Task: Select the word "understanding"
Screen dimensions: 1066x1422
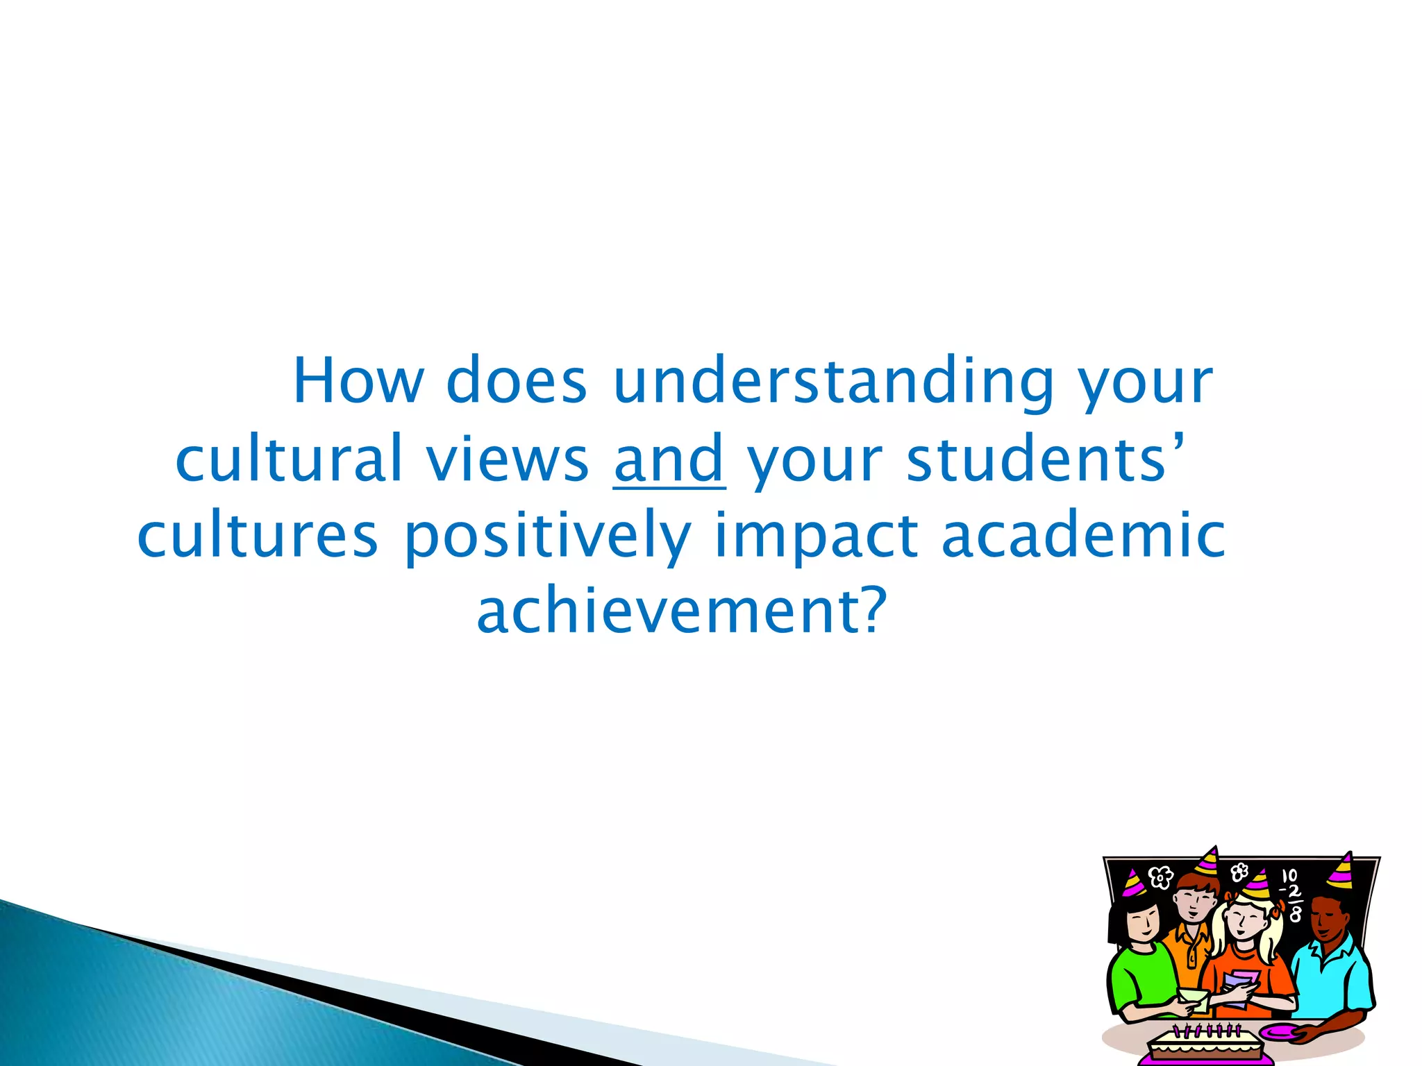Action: point(833,383)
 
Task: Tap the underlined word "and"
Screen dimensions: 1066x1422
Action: point(669,459)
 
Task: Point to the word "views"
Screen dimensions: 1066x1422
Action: point(507,459)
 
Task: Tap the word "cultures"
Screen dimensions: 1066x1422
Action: point(258,536)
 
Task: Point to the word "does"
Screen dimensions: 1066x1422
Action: point(517,382)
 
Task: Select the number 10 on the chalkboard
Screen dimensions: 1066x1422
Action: point(1289,877)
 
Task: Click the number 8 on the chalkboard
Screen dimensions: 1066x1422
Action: point(1295,915)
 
